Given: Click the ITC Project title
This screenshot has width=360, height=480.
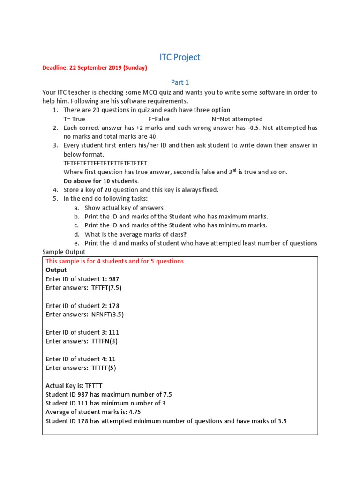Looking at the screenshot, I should click(x=180, y=57).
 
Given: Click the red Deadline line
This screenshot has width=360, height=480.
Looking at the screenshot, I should click(x=95, y=68).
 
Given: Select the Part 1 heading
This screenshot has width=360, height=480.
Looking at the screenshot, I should click(x=180, y=82).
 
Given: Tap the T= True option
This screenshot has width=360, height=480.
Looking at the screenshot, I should click(x=74, y=119).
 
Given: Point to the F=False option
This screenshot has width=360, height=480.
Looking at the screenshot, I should click(x=158, y=119).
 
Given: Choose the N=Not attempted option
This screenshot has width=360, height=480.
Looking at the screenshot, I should click(x=237, y=119).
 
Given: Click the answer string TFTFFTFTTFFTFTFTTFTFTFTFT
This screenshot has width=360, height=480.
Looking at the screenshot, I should click(x=105, y=163).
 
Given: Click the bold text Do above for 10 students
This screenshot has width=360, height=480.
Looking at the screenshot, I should click(x=101, y=181).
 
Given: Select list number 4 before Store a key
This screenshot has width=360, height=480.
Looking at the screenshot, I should click(x=55, y=190).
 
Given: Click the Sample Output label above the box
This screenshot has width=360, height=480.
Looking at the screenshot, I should click(x=64, y=252).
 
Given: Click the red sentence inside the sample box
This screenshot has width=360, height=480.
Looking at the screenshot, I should click(x=115, y=261).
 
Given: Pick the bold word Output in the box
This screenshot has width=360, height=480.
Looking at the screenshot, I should click(x=56, y=270).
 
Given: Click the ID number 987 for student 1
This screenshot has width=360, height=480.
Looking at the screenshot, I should click(x=114, y=279).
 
